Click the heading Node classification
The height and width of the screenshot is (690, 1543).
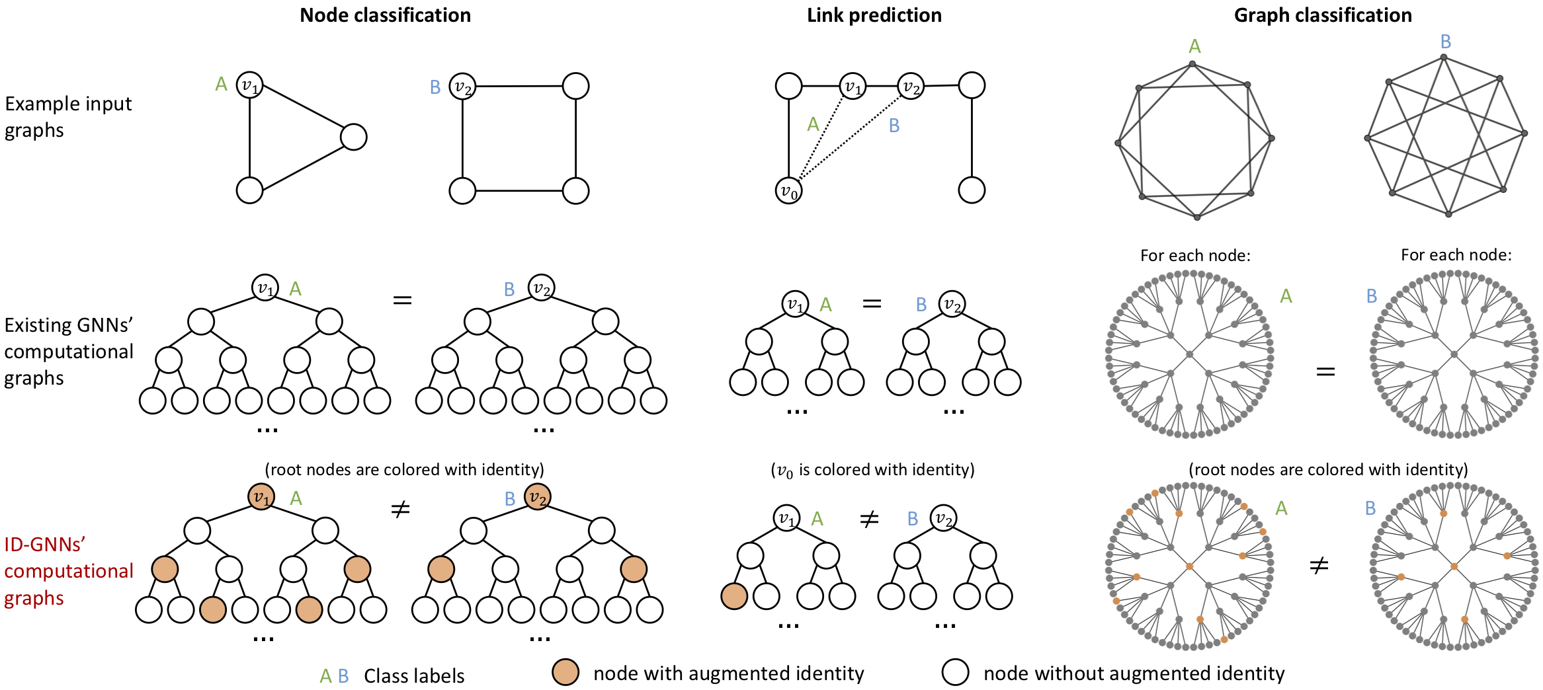pos(385,15)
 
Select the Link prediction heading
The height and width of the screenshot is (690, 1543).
pos(874,15)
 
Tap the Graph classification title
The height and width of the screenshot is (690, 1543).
pos(1323,15)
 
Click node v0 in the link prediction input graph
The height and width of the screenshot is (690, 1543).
pos(788,190)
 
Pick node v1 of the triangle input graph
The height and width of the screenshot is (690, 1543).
pos(249,85)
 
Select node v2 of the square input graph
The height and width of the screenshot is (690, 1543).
pos(462,87)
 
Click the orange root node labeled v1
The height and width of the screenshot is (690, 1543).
pos(261,497)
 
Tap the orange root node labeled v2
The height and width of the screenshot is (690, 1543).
pos(537,497)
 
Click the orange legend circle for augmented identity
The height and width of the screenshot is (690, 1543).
pos(565,672)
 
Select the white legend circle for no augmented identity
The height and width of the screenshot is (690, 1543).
pos(955,672)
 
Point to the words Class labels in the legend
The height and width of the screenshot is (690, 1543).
pos(414,676)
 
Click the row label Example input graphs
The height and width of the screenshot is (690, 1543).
pos(68,117)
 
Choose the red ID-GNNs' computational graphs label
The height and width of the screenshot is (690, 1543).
pos(68,571)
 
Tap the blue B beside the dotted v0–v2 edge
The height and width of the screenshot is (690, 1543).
pos(894,126)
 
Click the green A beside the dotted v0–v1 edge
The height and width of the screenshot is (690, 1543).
pos(813,124)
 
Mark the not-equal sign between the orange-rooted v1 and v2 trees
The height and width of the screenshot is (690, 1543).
pos(400,510)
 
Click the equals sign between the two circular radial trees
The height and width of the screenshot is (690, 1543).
pos(1325,372)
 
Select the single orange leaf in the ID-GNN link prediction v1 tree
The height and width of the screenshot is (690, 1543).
pos(734,596)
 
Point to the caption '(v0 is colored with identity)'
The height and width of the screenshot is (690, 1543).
pos(872,470)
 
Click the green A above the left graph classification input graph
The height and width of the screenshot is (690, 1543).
pos(1194,46)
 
